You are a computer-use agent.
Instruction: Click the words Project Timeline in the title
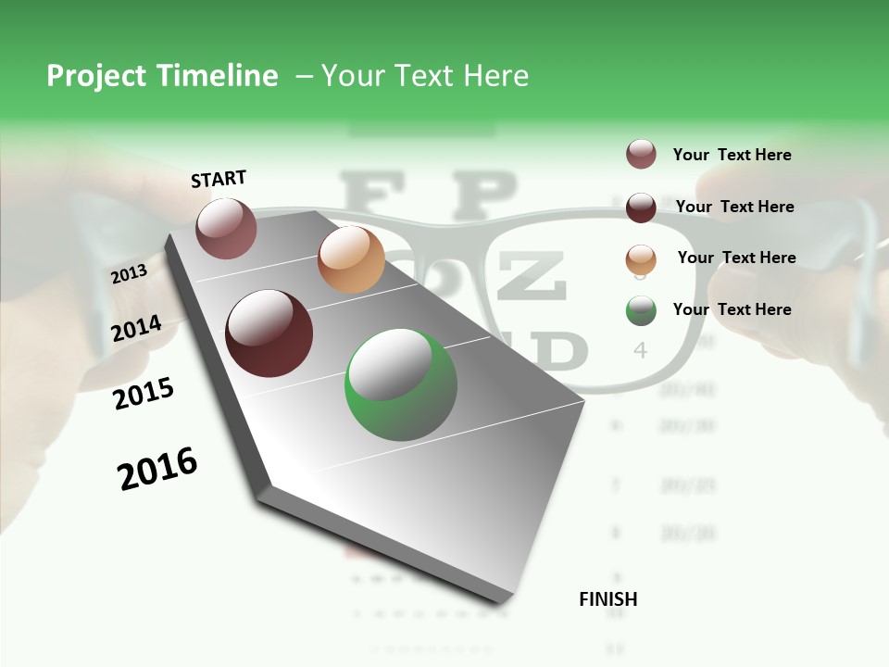pyautogui.click(x=162, y=76)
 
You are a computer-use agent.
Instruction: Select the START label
pyautogui.click(x=219, y=179)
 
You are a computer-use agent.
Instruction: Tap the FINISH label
pyautogui.click(x=608, y=599)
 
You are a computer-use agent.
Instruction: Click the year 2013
pyautogui.click(x=130, y=274)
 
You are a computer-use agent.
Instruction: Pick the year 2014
pyautogui.click(x=137, y=329)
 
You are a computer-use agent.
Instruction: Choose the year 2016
pyautogui.click(x=157, y=469)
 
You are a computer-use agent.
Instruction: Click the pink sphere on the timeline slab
pyautogui.click(x=226, y=228)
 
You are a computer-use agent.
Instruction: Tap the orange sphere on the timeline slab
pyautogui.click(x=351, y=258)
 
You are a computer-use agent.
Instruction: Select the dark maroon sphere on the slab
pyautogui.click(x=269, y=333)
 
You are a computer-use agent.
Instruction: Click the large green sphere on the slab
pyautogui.click(x=401, y=384)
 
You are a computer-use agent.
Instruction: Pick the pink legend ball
pyautogui.click(x=641, y=154)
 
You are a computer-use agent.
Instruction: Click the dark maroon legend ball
pyautogui.click(x=641, y=208)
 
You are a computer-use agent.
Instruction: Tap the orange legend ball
pyautogui.click(x=641, y=259)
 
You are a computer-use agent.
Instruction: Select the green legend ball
pyautogui.click(x=641, y=310)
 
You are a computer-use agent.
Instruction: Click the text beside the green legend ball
pyautogui.click(x=732, y=309)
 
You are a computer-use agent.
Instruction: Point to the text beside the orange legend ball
pyautogui.click(x=736, y=258)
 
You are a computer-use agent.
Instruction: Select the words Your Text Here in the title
pyautogui.click(x=425, y=76)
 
